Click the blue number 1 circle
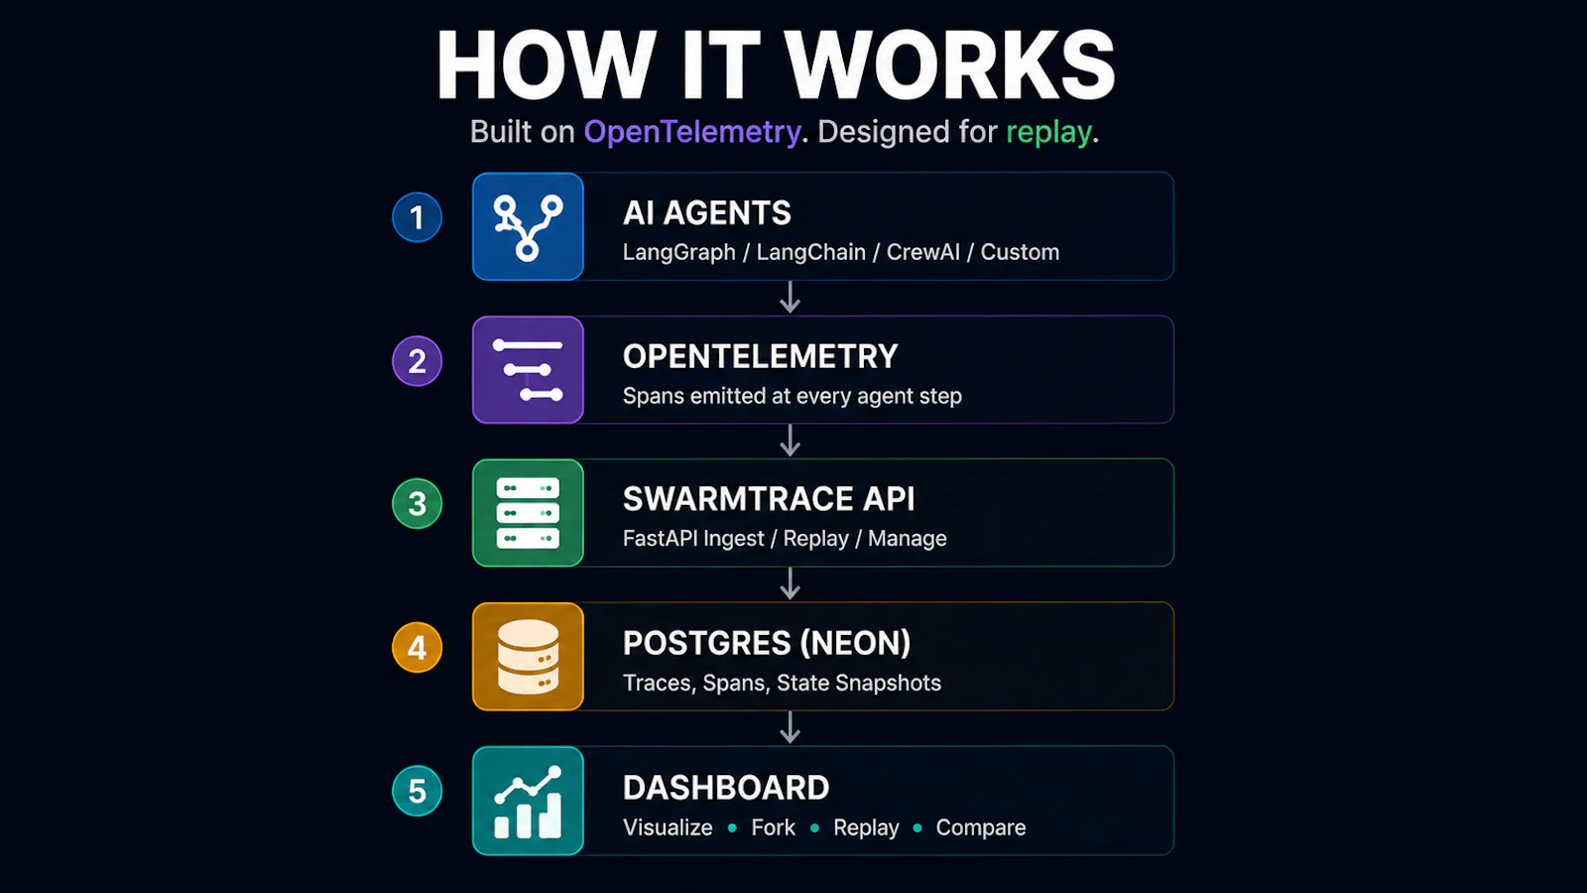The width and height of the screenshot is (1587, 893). click(x=417, y=217)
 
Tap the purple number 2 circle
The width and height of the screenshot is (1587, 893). click(x=417, y=361)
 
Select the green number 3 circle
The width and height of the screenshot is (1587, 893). click(x=417, y=504)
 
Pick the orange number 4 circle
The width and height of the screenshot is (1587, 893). click(x=417, y=647)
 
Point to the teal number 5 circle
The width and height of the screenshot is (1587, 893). click(x=417, y=791)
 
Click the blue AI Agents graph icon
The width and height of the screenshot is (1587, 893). click(x=528, y=227)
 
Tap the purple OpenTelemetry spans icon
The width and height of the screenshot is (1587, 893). click(x=528, y=370)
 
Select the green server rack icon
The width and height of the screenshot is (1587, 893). click(x=528, y=513)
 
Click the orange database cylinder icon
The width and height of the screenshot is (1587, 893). click(x=528, y=656)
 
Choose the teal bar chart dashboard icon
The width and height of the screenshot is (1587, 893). click(x=528, y=801)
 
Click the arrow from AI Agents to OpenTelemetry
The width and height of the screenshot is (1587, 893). click(x=790, y=298)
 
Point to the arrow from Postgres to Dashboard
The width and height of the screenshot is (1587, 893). click(x=790, y=728)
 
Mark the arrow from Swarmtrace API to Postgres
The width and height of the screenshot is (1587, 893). click(x=790, y=584)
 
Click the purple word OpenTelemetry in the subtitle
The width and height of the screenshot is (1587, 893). click(x=692, y=133)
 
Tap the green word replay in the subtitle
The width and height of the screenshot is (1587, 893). click(x=1048, y=133)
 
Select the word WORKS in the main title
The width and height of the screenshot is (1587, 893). click(x=949, y=65)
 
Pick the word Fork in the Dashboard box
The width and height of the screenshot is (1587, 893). click(x=773, y=828)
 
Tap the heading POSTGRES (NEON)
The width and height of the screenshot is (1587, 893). click(x=767, y=644)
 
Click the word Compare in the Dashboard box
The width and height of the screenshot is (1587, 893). click(x=981, y=829)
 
